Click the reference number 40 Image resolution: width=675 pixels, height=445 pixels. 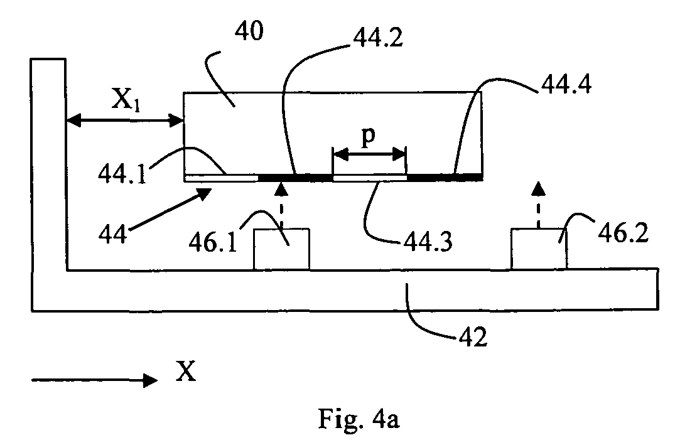point(249,31)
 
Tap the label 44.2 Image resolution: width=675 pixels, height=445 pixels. point(378,38)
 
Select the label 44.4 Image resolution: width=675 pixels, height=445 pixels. point(566,84)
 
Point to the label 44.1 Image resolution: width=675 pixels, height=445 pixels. point(122,174)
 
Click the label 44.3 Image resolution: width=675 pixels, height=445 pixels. point(428,242)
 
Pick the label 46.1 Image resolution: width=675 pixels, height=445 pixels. point(213,242)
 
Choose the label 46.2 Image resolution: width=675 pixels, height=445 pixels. point(623,233)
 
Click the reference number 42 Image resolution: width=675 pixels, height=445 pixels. point(473,336)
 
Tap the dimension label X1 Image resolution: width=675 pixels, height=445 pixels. point(126,100)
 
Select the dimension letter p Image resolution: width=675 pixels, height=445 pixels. point(369,137)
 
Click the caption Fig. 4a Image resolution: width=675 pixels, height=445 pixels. point(359,418)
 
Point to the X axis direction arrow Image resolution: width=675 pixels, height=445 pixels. point(95,380)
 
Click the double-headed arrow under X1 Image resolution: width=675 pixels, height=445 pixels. point(126,121)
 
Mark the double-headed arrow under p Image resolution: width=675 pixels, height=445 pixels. point(369,154)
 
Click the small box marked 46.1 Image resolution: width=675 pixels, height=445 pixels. point(281,249)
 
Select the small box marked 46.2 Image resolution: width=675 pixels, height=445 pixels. point(539,249)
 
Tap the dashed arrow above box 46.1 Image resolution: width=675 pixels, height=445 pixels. point(281,205)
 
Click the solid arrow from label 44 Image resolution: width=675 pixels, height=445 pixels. point(169,210)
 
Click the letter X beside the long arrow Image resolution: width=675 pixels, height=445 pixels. point(186,371)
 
